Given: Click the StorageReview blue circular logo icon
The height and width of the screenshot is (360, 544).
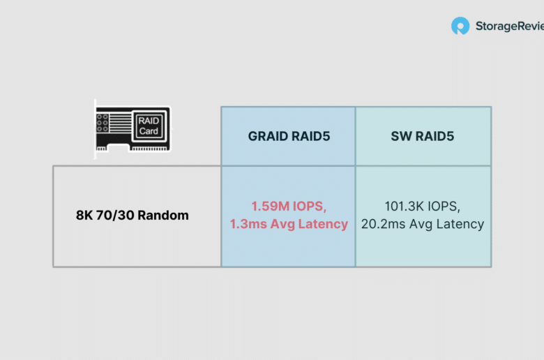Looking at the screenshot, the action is [460, 26].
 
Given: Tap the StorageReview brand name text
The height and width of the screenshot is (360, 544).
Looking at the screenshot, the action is [510, 27].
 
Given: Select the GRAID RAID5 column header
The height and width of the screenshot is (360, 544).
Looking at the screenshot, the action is [289, 136].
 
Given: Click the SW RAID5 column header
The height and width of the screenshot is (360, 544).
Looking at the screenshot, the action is [422, 136].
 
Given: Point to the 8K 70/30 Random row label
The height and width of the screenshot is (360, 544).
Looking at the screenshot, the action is [133, 216].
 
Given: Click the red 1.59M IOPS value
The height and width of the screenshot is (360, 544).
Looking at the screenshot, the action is [289, 207].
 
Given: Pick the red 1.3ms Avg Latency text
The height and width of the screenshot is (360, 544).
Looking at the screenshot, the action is [289, 224].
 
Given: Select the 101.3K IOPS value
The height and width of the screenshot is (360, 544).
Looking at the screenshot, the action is [422, 207].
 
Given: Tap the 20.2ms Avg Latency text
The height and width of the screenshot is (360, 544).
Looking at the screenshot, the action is [422, 224].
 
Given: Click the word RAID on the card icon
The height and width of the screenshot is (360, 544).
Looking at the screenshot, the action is [149, 121].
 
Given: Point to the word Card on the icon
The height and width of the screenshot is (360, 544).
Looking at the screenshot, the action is [149, 131].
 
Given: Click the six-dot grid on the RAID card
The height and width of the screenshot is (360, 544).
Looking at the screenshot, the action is [103, 123].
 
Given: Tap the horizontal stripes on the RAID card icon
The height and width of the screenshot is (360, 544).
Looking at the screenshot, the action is [121, 123].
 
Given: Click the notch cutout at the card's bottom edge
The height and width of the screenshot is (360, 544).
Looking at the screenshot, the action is [118, 149].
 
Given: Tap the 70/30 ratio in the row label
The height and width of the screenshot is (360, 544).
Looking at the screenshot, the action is [115, 216].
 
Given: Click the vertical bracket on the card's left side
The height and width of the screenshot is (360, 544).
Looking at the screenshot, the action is [95, 129].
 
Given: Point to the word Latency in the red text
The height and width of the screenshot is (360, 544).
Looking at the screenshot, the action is [323, 224].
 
